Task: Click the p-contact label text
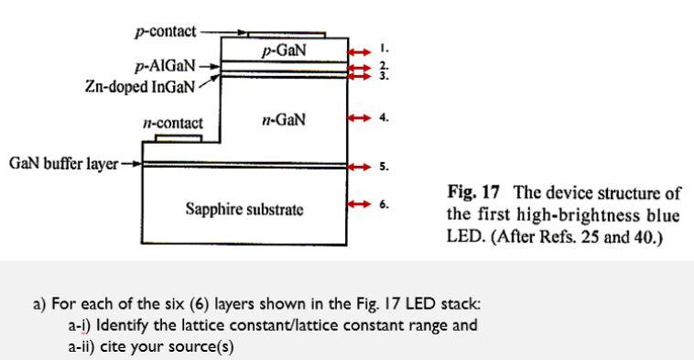coord(165,31)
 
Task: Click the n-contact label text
coord(173,122)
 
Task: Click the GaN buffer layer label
coord(63,164)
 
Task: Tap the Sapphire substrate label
coord(245,209)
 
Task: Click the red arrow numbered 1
coord(360,51)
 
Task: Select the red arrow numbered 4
coord(360,117)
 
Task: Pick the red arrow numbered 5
coord(360,166)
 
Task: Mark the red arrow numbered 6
coord(360,203)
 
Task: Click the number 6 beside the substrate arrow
coord(384,203)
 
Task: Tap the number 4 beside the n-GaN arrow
coord(384,117)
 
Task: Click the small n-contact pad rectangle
coord(179,138)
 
